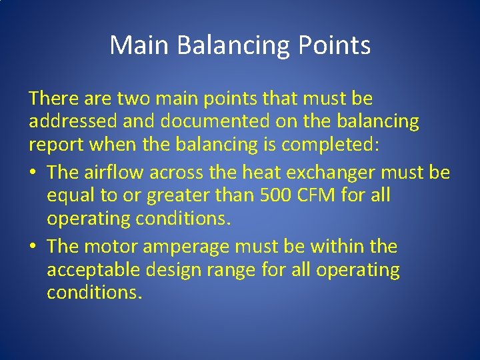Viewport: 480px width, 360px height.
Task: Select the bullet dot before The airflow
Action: (33, 173)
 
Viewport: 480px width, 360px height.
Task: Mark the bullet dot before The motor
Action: (33, 247)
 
